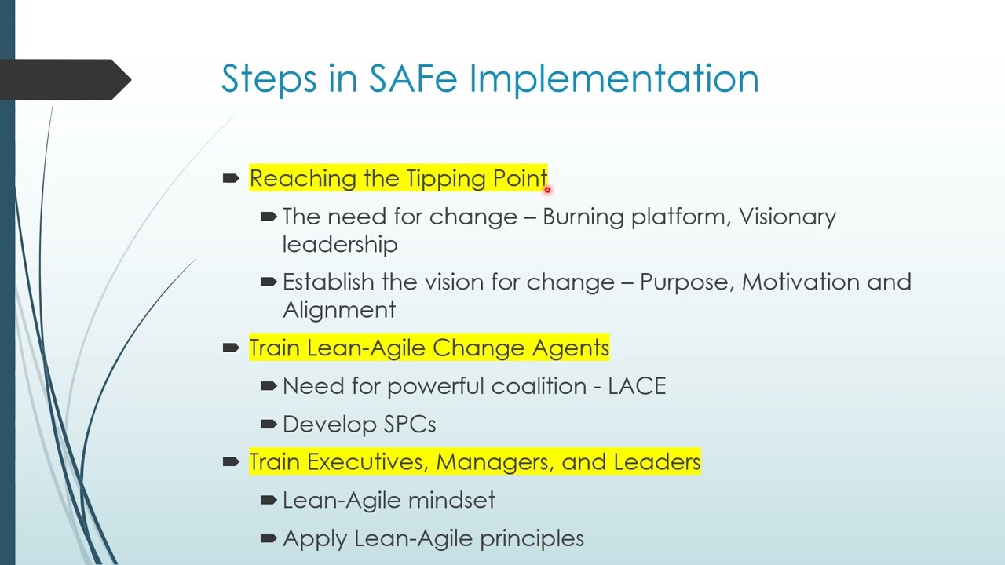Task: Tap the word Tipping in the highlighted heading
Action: tap(447, 180)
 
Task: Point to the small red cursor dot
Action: tap(547, 189)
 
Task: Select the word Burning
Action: tap(583, 217)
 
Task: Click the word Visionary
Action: tap(787, 217)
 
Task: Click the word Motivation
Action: tap(800, 282)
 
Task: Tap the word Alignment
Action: tap(339, 311)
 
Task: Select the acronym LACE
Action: tap(637, 386)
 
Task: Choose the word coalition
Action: tap(539, 386)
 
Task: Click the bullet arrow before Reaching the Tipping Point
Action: tap(231, 179)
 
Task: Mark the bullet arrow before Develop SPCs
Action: tap(268, 425)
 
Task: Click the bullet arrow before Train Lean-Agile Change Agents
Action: tap(231, 348)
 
